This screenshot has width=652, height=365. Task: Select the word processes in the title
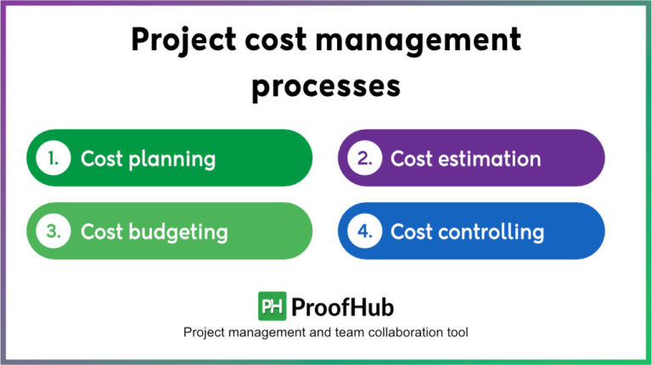point(325,87)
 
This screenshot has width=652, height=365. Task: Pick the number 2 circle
point(363,158)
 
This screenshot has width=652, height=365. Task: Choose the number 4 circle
point(363,231)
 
